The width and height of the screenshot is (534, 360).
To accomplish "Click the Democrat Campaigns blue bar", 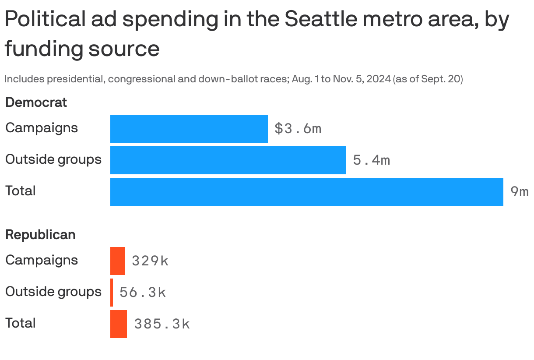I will pos(189,129).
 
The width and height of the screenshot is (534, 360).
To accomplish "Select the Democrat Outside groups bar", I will pos(228,160).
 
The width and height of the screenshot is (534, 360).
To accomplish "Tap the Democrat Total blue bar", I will pos(306,192).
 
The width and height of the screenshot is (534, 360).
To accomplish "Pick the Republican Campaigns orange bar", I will pos(117,261).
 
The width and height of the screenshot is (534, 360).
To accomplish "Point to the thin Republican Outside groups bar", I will pos(112,293).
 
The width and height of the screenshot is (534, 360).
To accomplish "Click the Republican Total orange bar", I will pos(118,324).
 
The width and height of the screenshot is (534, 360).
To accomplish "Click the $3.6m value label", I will pos(298,129).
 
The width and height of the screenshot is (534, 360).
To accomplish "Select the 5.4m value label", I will pos(371,160).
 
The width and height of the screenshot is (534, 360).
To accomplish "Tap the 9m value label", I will pos(519,192).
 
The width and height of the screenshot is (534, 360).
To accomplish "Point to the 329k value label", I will pos(150,261).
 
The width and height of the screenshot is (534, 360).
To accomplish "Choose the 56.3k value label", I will pos(143,293).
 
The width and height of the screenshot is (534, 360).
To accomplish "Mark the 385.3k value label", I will pos(162,324).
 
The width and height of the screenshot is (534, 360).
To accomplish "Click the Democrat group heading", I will pos(36,102).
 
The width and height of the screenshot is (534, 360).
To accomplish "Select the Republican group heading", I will pos(40,235).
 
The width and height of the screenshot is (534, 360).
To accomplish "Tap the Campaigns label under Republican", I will pos(42,260).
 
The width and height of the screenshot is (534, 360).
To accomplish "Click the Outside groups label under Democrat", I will pos(53,159).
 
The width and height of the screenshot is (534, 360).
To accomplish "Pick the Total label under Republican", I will pos(20,323).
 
